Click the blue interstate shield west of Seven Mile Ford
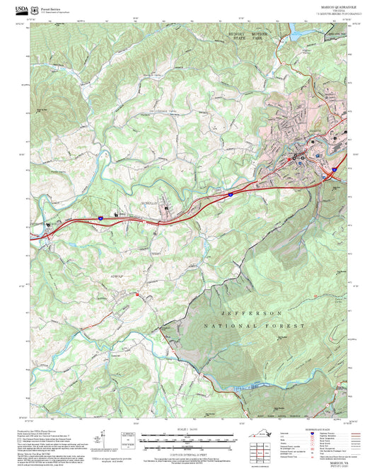click(x=100, y=219)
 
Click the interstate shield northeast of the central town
click(x=231, y=192)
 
